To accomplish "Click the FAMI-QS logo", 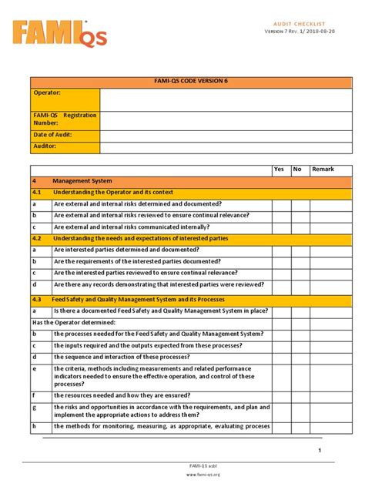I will (x=59, y=32).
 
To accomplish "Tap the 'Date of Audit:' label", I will (x=55, y=135).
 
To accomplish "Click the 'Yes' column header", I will (x=279, y=170).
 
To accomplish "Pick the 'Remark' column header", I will (x=323, y=170).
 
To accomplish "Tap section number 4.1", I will (x=37, y=193).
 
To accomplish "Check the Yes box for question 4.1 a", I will (x=280, y=204).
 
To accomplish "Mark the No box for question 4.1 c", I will (x=300, y=227).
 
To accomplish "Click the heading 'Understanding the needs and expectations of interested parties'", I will (x=140, y=239).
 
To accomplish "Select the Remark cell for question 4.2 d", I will (x=331, y=284).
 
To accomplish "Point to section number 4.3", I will (x=37, y=299).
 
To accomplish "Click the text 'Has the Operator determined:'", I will (x=73, y=322).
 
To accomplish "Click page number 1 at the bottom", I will (x=319, y=450).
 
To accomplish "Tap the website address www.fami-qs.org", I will (x=203, y=475).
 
